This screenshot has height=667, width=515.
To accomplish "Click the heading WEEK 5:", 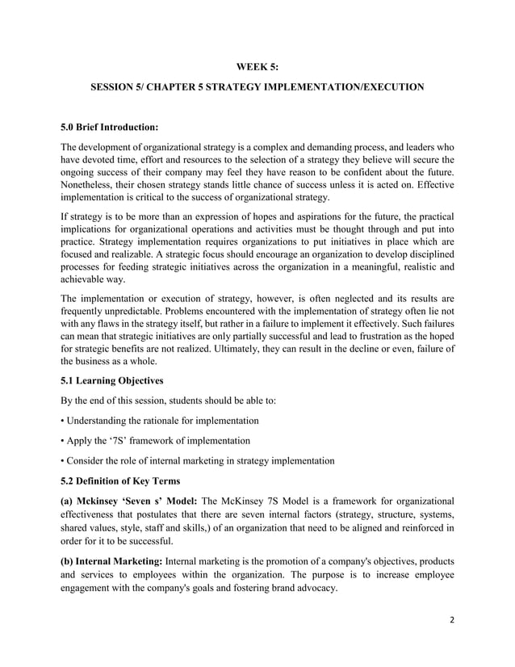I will pyautogui.click(x=257, y=67).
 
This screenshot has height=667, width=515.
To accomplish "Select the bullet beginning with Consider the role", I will pyautogui.click(x=198, y=461).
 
